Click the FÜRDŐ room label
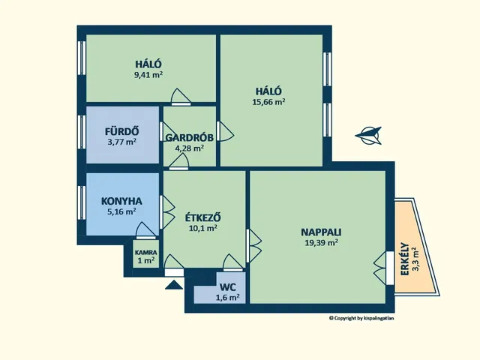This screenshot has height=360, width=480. click(121, 131)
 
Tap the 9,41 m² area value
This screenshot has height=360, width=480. click(148, 75)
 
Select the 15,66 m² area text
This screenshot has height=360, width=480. click(268, 102)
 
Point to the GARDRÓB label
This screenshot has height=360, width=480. click(190, 138)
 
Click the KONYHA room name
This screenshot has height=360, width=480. click(121, 201)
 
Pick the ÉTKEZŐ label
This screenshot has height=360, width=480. click(203, 217)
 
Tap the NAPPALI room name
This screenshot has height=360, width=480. click(321, 232)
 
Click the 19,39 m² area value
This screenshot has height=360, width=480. click(321, 243)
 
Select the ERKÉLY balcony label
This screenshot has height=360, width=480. click(405, 259)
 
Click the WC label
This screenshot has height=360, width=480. click(228, 287)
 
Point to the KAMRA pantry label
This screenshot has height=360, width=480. click(146, 253)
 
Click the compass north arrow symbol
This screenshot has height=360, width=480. click(369, 135)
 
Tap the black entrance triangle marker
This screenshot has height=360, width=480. click(173, 285)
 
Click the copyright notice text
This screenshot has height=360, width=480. click(361, 318)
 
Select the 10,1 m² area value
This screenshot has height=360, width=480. click(203, 228)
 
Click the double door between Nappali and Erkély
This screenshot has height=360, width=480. click(383, 268)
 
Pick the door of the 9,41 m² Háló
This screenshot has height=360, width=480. click(181, 97)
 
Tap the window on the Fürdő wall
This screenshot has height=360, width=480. click(82, 132)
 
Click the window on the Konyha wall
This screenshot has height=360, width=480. click(82, 202)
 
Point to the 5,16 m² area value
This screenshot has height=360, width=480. click(121, 211)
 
